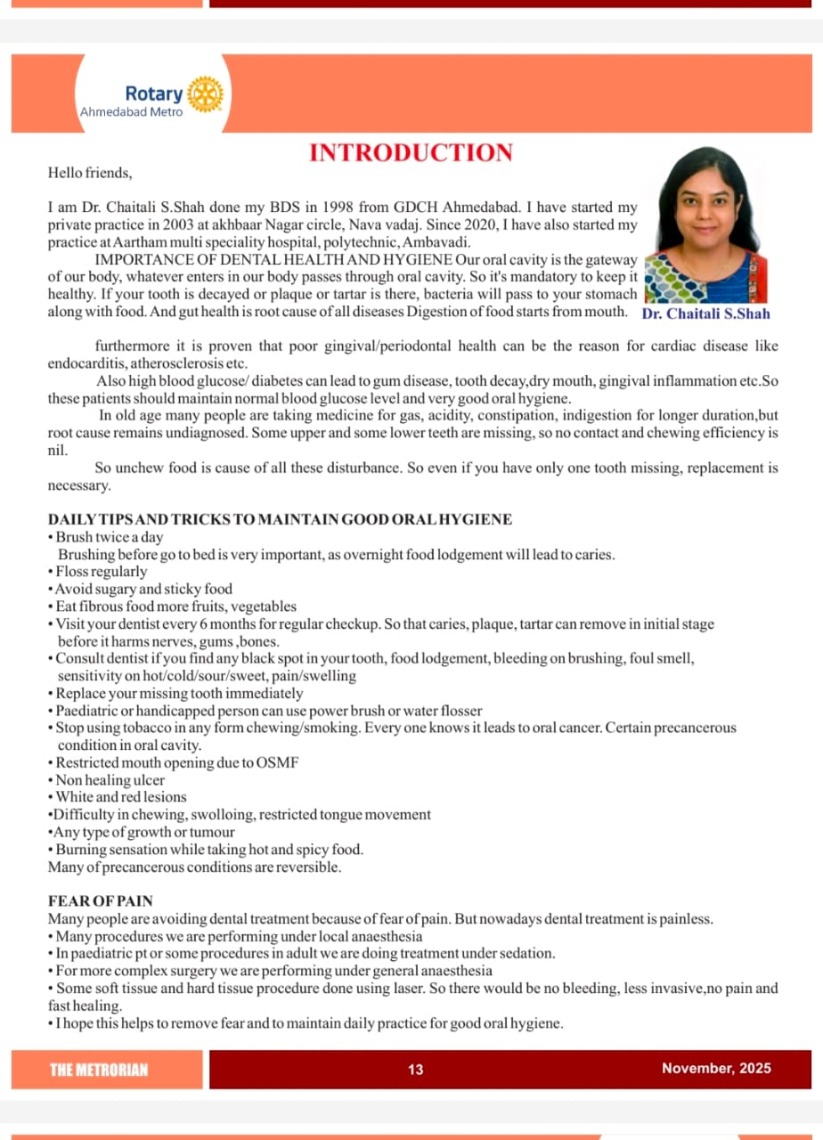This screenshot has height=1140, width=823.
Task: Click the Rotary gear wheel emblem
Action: [x=206, y=94]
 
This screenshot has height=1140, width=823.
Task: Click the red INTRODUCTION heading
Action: [x=411, y=152]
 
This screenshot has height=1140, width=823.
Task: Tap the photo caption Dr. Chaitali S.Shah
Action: [x=705, y=313]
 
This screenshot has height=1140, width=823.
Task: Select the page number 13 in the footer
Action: [x=416, y=1070]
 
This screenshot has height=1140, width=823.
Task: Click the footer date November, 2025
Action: [x=716, y=1069]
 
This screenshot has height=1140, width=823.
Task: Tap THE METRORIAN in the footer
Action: [x=99, y=1070]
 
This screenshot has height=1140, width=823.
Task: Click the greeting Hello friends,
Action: [x=89, y=172]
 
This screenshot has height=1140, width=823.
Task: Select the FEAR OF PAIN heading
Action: [x=100, y=901]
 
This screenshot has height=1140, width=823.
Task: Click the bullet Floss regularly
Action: [x=101, y=572]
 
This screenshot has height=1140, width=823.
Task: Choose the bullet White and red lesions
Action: [x=120, y=797]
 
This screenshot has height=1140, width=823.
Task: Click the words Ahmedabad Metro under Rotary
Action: [x=131, y=112]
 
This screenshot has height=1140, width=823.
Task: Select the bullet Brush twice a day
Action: [x=109, y=537]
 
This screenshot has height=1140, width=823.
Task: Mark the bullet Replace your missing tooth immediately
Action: [x=178, y=693]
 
